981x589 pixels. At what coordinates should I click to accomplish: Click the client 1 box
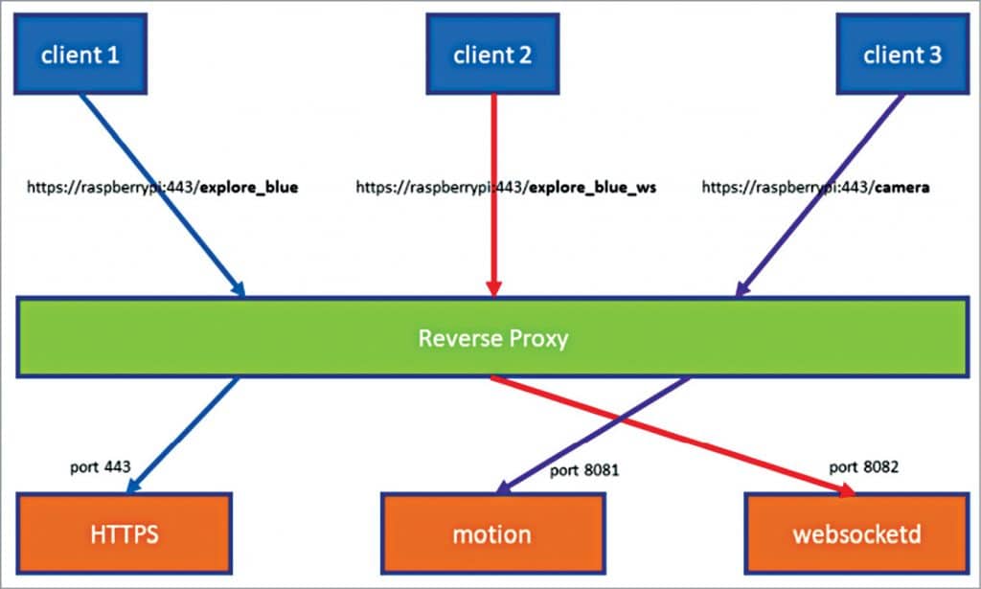click(80, 54)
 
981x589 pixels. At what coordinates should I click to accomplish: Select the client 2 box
click(491, 54)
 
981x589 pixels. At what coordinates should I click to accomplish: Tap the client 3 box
click(901, 54)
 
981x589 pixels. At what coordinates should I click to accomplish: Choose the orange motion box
click(491, 532)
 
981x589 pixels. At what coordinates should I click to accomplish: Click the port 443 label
click(101, 467)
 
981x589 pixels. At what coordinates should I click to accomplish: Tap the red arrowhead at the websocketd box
click(844, 491)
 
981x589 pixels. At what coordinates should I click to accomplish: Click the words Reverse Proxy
click(492, 337)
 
